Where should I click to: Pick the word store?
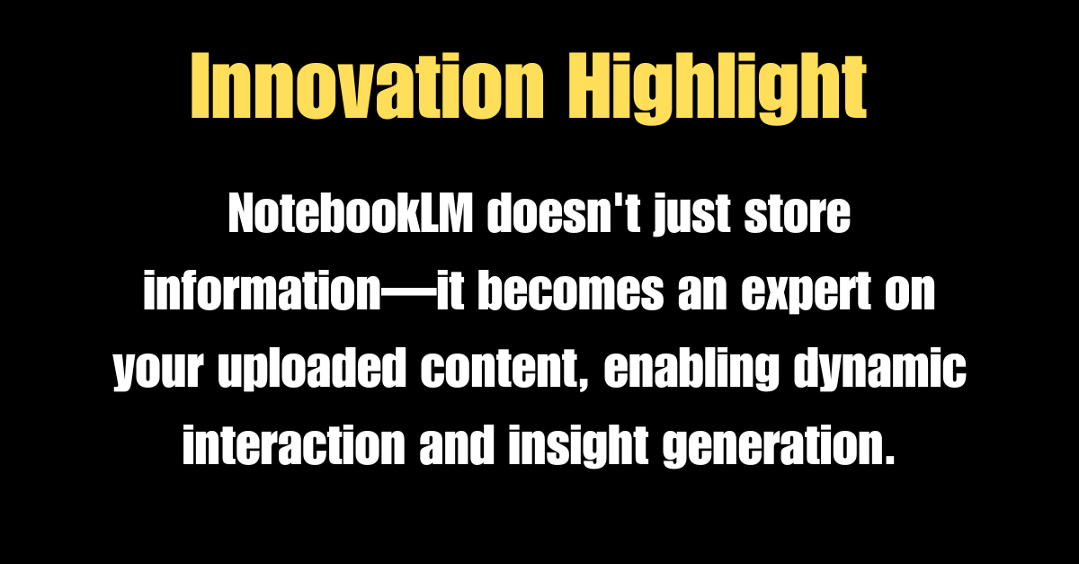[x=801, y=218]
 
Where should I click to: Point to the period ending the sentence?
[x=890, y=460]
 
